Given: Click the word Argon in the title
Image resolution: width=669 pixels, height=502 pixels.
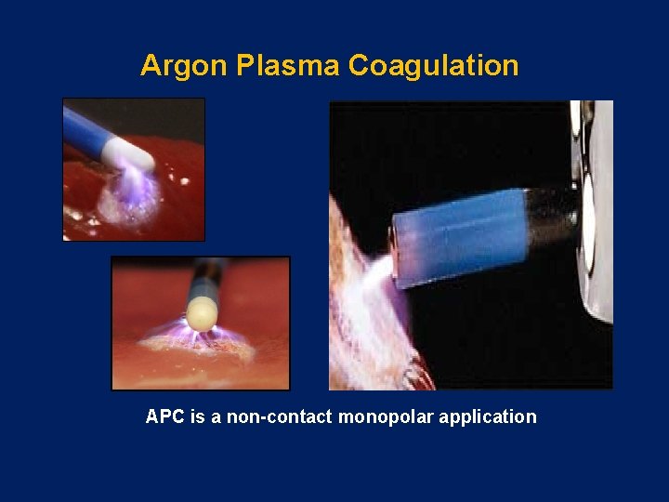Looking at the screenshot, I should point(185,66).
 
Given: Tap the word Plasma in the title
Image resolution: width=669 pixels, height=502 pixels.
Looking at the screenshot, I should point(288,66).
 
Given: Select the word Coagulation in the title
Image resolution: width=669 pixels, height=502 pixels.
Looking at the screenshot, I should point(433,66).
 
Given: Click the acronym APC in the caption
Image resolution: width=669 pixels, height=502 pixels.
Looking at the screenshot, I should point(165,417).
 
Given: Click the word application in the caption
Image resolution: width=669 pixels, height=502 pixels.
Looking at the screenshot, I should point(488,417).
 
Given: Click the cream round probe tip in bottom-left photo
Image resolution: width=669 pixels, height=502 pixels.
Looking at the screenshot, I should point(201,310).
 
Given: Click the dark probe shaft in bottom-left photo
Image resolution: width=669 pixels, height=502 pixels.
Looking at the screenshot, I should point(209,275).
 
